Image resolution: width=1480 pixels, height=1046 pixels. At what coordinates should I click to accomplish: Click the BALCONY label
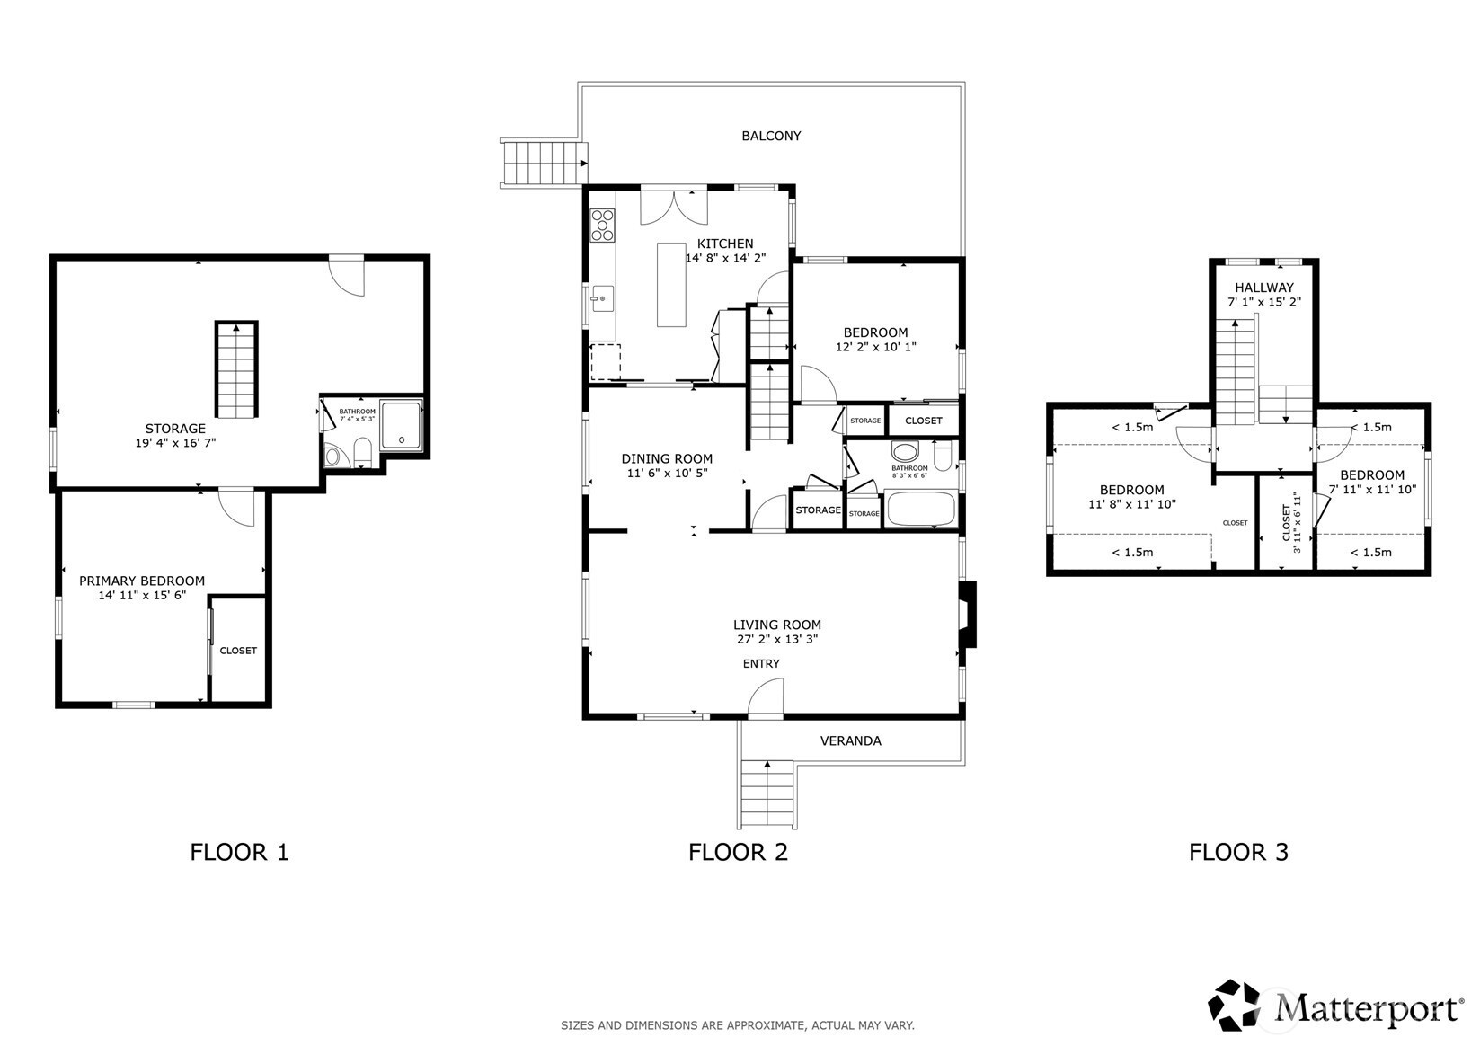tap(771, 136)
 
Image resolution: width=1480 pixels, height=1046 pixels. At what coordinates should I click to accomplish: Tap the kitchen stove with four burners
tap(603, 225)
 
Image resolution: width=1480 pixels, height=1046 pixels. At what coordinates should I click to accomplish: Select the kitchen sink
tap(602, 298)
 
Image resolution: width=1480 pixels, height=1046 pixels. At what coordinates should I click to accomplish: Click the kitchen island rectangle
tap(671, 285)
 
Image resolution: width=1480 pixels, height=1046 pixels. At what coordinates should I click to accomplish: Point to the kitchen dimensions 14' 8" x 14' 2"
tap(725, 259)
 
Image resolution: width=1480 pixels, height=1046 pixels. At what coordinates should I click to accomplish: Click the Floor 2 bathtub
tap(921, 509)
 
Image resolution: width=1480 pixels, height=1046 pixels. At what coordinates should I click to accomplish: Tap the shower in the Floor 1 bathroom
tap(401, 425)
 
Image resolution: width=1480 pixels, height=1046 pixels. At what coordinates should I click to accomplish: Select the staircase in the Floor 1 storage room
tap(236, 369)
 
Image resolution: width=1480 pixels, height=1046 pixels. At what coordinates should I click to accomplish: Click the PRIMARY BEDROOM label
tap(142, 581)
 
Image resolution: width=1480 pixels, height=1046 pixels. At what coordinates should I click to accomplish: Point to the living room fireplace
tap(967, 615)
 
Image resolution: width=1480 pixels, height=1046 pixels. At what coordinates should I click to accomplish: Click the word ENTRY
tap(761, 664)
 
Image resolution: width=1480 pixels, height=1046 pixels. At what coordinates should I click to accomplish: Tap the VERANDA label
tap(850, 741)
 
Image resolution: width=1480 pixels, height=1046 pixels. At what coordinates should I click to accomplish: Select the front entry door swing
tap(766, 697)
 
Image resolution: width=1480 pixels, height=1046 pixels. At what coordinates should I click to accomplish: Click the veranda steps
tap(767, 793)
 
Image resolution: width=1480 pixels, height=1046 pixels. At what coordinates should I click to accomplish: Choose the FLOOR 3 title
tap(1238, 853)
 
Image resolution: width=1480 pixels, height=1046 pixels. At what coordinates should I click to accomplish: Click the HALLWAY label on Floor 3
tap(1264, 288)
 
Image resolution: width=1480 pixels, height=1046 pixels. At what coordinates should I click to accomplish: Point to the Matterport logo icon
tap(1234, 1005)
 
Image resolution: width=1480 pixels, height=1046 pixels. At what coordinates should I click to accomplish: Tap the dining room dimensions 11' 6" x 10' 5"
tap(667, 473)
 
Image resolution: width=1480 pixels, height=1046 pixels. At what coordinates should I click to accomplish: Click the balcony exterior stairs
tap(544, 164)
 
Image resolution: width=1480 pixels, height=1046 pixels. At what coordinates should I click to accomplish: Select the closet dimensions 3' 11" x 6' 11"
tap(1297, 522)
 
